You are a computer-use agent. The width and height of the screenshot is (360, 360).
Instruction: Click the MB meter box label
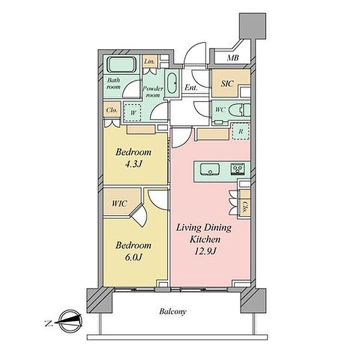(x=233, y=58)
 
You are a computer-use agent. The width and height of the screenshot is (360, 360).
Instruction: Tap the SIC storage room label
(x=227, y=83)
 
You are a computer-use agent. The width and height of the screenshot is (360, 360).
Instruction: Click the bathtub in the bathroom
(x=122, y=65)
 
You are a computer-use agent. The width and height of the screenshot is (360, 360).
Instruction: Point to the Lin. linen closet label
(x=149, y=61)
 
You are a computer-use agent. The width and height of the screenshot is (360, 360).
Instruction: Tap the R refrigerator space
(x=241, y=131)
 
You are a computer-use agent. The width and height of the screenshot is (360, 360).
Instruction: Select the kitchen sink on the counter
(x=209, y=169)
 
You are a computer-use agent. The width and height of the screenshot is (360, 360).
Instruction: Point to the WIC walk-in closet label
(x=119, y=203)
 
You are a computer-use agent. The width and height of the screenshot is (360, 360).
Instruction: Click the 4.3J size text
(x=133, y=164)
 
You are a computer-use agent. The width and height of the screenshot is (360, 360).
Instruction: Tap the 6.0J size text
(x=133, y=257)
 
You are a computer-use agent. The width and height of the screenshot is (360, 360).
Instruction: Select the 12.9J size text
(x=205, y=251)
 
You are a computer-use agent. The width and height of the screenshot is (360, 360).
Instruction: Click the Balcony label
(x=173, y=311)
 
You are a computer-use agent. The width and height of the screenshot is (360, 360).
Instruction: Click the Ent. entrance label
(x=191, y=88)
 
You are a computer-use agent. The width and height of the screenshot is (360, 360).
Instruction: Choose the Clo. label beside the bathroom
(x=112, y=110)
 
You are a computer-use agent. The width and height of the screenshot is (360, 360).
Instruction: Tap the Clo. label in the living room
(x=245, y=208)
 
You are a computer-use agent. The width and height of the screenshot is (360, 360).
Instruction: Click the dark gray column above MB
(x=253, y=26)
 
